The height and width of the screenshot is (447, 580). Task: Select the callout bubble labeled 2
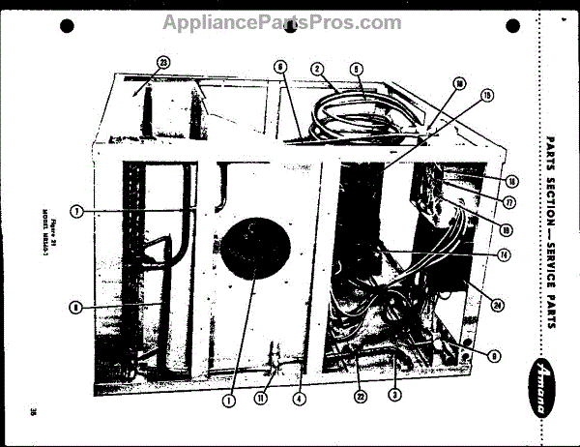click(316, 69)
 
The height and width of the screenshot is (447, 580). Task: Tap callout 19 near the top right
click(487, 95)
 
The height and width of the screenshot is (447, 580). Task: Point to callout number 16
click(510, 181)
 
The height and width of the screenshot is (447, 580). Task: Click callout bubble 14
click(504, 254)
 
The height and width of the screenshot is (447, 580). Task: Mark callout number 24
click(497, 306)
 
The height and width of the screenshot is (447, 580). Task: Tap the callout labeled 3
click(393, 393)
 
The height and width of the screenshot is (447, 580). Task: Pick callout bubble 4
click(301, 397)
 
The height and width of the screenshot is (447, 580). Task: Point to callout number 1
click(230, 397)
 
